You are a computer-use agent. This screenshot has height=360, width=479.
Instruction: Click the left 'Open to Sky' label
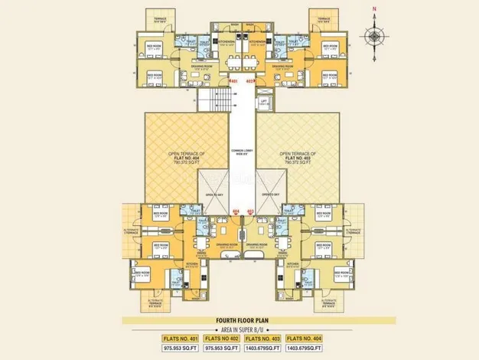tap(214, 195)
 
